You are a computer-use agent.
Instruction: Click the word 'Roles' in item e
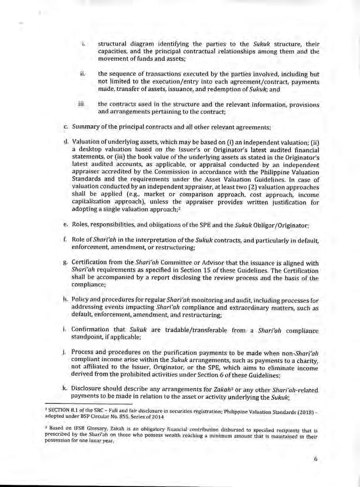81,226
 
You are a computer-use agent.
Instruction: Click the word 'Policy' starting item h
83,301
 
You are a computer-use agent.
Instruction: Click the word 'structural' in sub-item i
113,38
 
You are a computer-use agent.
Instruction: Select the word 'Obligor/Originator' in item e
281,226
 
